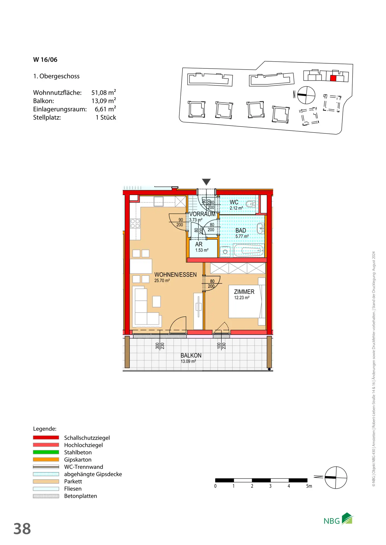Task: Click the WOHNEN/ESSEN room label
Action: pyautogui.click(x=175, y=275)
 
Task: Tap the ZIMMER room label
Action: pyautogui.click(x=244, y=292)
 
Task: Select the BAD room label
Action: pyautogui.click(x=241, y=230)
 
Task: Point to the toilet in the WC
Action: pyautogui.click(x=250, y=204)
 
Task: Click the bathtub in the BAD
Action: pyautogui.click(x=248, y=250)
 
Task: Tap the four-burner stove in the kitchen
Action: pyautogui.click(x=135, y=224)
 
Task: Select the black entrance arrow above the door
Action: pyautogui.click(x=206, y=182)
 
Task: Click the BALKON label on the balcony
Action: pyautogui.click(x=191, y=355)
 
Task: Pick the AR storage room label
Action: pyautogui.click(x=199, y=244)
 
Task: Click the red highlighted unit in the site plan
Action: pyautogui.click(x=333, y=78)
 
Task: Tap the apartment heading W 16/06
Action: pyautogui.click(x=45, y=60)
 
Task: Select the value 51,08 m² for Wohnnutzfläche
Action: pyautogui.click(x=104, y=93)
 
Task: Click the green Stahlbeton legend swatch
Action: pyautogui.click(x=46, y=452)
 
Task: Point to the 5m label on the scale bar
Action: pyautogui.click(x=309, y=486)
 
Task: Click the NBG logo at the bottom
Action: pyautogui.click(x=338, y=519)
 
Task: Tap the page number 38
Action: pyautogui.click(x=22, y=529)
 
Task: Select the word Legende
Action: pyautogui.click(x=45, y=429)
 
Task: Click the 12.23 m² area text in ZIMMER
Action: pyautogui.click(x=242, y=298)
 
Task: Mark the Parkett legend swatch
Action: pyautogui.click(x=46, y=481)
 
